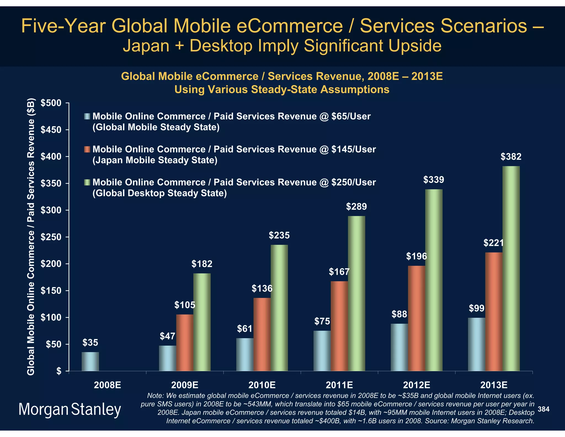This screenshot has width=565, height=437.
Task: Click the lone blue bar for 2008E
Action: pyautogui.click(x=90, y=361)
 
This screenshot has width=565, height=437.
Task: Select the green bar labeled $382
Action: pyautogui.click(x=511, y=268)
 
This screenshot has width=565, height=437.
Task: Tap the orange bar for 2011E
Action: pyautogui.click(x=339, y=326)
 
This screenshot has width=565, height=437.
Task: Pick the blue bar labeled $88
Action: pyautogui.click(x=399, y=347)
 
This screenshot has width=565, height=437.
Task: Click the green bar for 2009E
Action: pyautogui.click(x=202, y=322)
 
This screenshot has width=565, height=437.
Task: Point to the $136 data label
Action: pyautogui.click(x=262, y=289)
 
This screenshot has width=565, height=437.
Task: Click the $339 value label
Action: pyautogui.click(x=434, y=180)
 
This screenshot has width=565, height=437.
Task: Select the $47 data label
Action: pyautogui.click(x=167, y=336)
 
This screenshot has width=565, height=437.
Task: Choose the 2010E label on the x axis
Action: pyautogui.click(x=262, y=385)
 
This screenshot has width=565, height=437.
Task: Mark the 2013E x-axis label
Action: pyautogui.click(x=494, y=385)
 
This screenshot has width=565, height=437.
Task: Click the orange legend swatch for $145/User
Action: pyautogui.click(x=87, y=149)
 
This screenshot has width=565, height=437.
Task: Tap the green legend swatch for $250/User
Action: pyautogui.click(x=87, y=182)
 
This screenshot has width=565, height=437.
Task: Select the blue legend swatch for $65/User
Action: pyautogui.click(x=87, y=116)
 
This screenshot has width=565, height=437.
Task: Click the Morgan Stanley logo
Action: pyautogui.click(x=70, y=409)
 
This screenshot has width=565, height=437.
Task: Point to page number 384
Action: pyautogui.click(x=543, y=409)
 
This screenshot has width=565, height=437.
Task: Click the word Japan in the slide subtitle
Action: pyautogui.click(x=146, y=46)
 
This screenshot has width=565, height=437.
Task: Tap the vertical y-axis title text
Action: pyautogui.click(x=31, y=237)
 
